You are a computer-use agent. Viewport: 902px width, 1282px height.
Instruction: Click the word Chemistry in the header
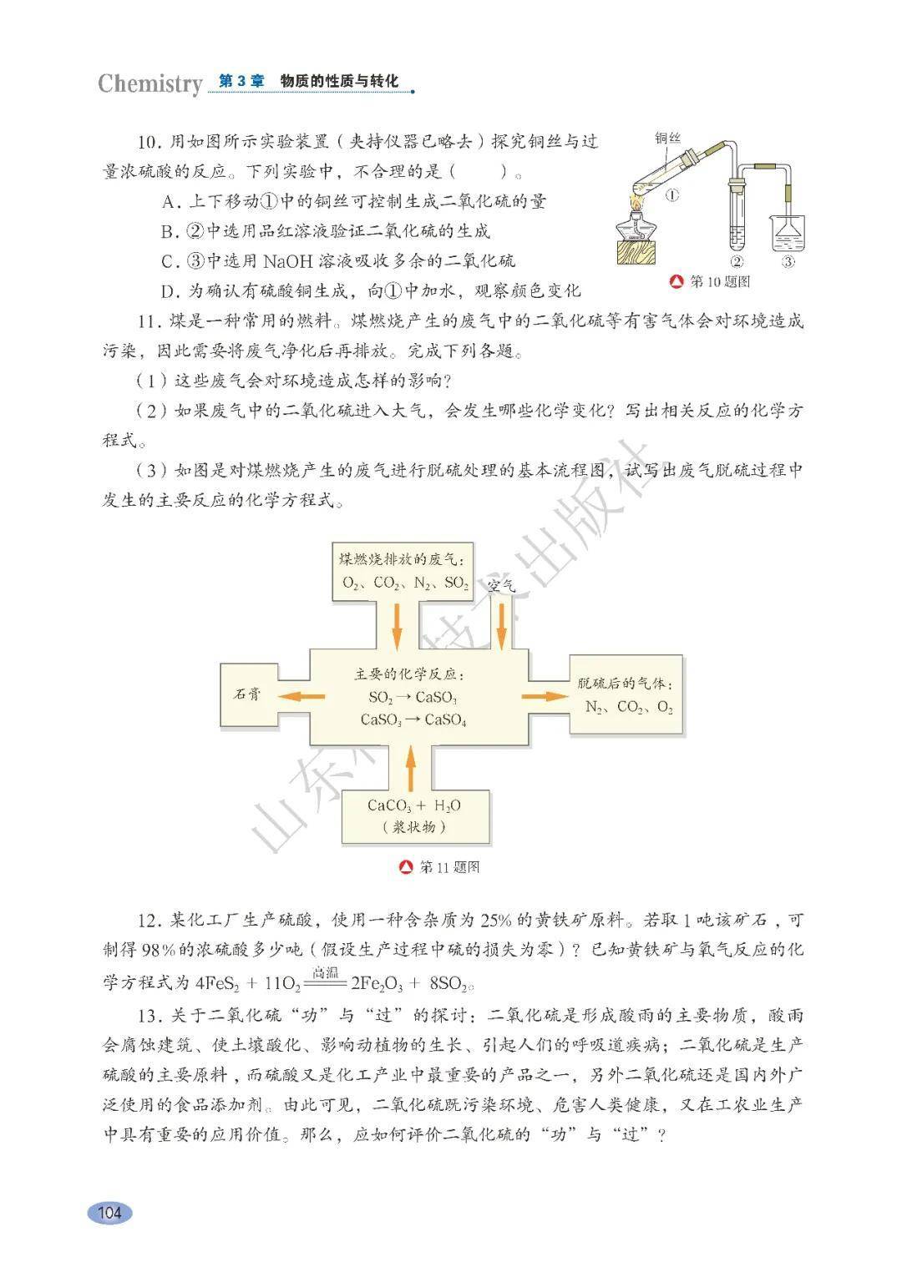coord(149,83)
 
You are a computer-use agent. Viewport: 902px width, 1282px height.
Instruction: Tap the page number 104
coord(109,1212)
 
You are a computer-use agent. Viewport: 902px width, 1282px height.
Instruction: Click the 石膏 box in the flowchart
coord(247,694)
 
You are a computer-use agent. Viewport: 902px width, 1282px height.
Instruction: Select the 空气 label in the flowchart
coord(501,586)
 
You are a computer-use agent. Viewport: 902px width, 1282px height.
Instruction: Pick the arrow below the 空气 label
coord(502,626)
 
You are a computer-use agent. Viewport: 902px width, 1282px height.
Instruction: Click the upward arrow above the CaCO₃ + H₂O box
coord(409,769)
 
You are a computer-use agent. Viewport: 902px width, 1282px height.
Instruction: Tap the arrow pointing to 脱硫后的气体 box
coord(544,696)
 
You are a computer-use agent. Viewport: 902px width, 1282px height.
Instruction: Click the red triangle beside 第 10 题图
coord(678,282)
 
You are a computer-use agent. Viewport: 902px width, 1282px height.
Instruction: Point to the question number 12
coord(149,921)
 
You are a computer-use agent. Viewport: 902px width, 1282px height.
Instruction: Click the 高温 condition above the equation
coord(325,972)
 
